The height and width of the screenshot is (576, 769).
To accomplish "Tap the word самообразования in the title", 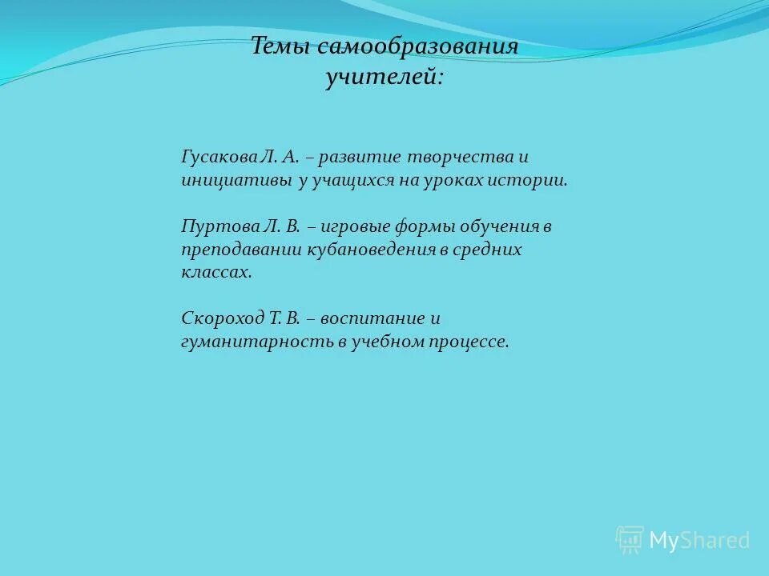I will tap(417, 46).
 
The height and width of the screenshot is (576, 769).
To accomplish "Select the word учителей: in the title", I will tap(384, 79).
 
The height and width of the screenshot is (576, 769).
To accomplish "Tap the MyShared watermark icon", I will tap(630, 540).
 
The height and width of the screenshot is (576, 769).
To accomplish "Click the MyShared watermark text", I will tap(699, 541).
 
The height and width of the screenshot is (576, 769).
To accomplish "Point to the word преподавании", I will tap(241, 250).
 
